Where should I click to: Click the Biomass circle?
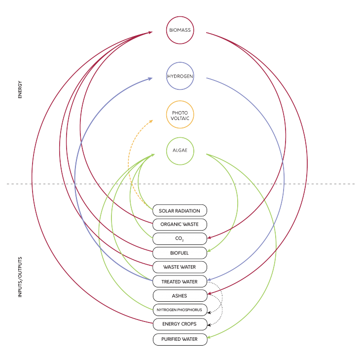pyautogui.click(x=180, y=30)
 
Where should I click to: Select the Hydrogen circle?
pyautogui.click(x=180, y=76)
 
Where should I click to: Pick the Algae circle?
pyautogui.click(x=180, y=151)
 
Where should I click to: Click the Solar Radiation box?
pyautogui.click(x=180, y=211)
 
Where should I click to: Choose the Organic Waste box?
pyautogui.click(x=180, y=225)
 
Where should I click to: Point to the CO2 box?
pyautogui.click(x=180, y=239)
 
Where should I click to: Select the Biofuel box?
pyautogui.click(x=180, y=253)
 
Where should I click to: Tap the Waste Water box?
pyautogui.click(x=180, y=267)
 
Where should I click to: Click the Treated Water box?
pyautogui.click(x=180, y=281)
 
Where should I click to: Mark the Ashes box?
pyautogui.click(x=180, y=296)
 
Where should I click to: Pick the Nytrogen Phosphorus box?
pyautogui.click(x=180, y=310)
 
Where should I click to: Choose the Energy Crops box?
pyautogui.click(x=180, y=324)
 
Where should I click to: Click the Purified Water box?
pyautogui.click(x=180, y=339)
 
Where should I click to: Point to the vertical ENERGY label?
pyautogui.click(x=20, y=89)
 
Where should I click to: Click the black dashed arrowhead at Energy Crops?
pyautogui.click(x=209, y=325)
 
